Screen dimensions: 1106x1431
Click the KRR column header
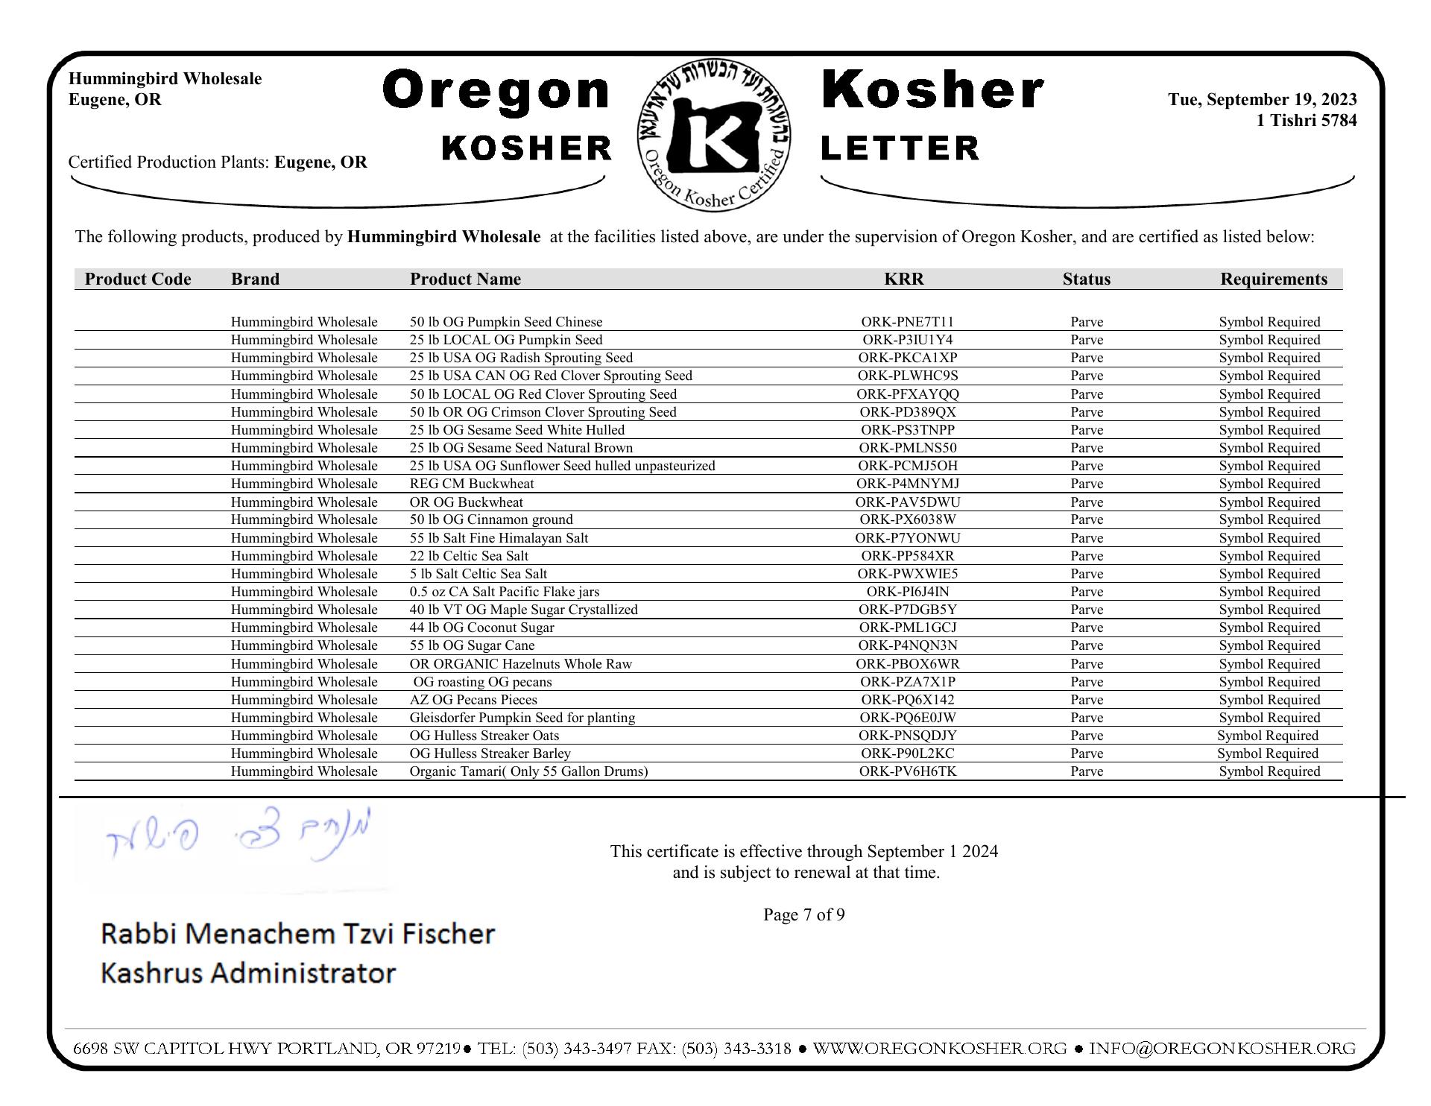click(903, 279)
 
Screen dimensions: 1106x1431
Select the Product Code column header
click(138, 279)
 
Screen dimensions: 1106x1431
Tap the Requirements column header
click(1273, 279)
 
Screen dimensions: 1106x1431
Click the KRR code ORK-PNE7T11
click(907, 322)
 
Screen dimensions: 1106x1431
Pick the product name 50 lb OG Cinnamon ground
click(491, 519)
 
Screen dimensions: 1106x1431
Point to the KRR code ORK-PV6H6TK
click(907, 771)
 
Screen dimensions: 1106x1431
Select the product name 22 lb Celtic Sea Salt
click(469, 556)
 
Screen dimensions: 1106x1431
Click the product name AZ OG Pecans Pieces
click(473, 700)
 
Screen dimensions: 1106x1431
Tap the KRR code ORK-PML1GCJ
click(907, 628)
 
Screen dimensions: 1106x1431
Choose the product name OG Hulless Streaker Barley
click(490, 753)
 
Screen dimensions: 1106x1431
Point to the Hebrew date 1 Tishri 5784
click(1306, 121)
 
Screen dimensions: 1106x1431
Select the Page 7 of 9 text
click(803, 915)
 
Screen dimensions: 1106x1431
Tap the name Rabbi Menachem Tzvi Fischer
click(297, 934)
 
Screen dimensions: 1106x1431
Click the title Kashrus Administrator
click(247, 973)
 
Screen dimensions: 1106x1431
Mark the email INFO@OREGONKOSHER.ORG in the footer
click(1222, 1049)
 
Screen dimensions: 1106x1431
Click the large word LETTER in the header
click(900, 148)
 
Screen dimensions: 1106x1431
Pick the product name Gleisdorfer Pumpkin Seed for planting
click(522, 718)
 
